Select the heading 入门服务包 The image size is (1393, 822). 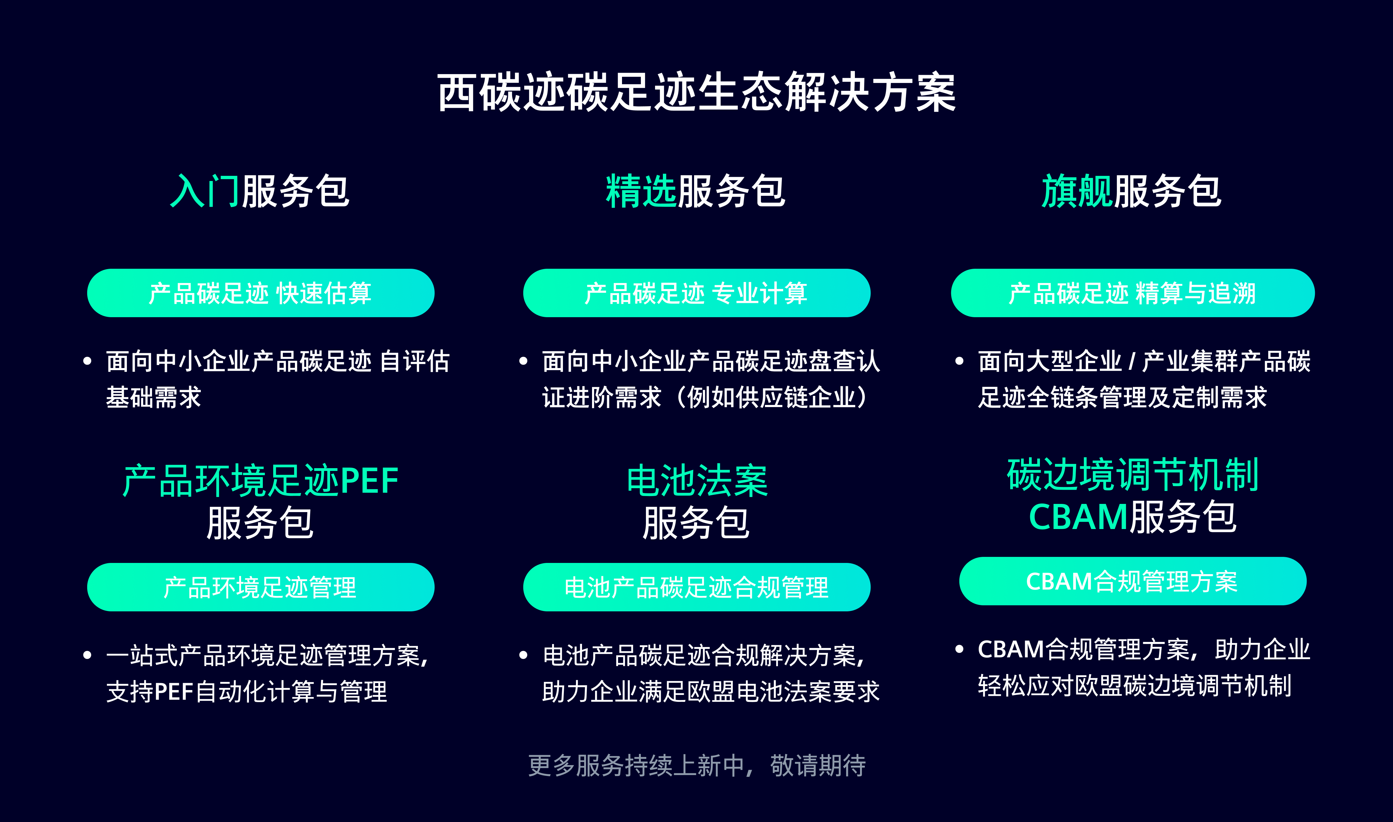[x=260, y=191]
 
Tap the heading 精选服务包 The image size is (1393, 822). [x=696, y=191]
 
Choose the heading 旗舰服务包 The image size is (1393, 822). [x=1132, y=191]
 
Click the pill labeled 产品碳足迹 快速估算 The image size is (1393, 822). [x=260, y=293]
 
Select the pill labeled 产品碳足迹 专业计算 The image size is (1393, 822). [x=696, y=293]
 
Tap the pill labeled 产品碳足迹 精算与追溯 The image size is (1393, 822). [x=1133, y=293]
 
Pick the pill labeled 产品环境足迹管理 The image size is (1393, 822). [x=260, y=587]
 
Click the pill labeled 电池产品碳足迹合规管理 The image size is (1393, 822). [x=696, y=587]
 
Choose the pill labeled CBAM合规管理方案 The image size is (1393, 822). [x=1133, y=581]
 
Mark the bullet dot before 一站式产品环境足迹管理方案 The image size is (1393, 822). [x=87, y=655]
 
